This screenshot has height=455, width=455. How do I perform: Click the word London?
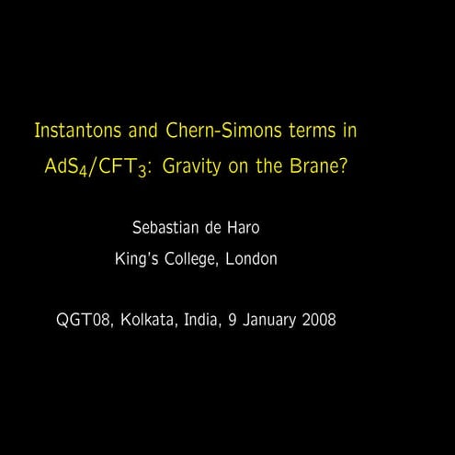coord(252,260)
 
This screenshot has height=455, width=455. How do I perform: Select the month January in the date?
coord(267,321)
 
